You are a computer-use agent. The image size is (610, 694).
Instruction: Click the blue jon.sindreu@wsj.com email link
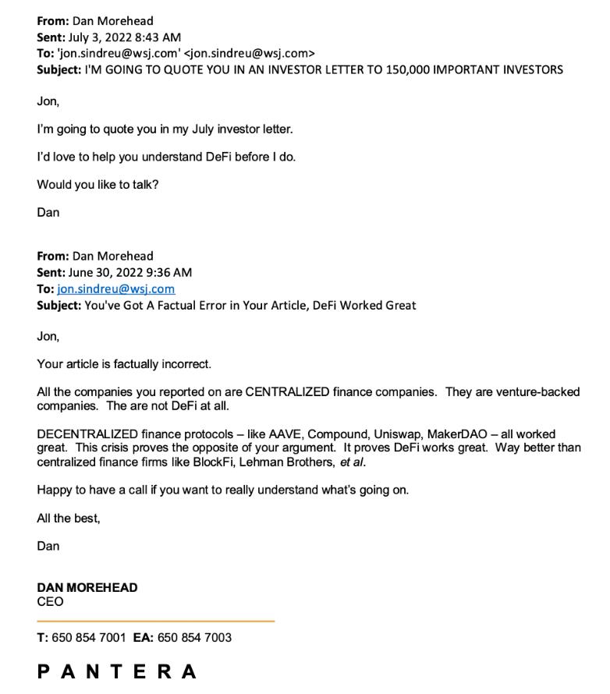[115, 289]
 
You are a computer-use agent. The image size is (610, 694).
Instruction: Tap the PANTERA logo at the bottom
[117, 672]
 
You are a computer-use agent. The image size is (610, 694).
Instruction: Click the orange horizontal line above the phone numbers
[155, 621]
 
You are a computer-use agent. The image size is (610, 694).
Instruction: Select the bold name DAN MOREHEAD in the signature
[87, 587]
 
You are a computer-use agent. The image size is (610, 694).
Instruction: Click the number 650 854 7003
[194, 637]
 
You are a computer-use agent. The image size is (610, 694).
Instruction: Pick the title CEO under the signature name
[50, 602]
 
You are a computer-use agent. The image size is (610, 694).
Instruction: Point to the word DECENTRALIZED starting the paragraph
[87, 434]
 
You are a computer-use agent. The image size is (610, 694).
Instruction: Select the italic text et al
[353, 462]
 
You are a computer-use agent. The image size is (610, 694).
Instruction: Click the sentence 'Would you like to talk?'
[98, 185]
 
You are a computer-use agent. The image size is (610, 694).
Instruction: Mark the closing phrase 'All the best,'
[69, 518]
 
